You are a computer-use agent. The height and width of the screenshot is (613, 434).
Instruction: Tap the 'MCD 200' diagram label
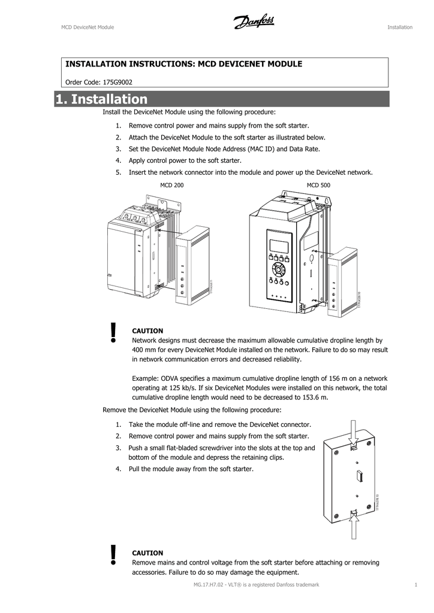pos(171,186)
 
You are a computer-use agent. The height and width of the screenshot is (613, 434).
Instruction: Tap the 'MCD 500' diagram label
pos(318,186)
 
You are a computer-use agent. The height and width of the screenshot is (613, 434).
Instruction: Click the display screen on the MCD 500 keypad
pos(278,246)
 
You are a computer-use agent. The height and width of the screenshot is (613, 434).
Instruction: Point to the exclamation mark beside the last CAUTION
pos(113,555)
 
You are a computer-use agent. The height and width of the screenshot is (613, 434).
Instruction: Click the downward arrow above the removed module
pos(354,432)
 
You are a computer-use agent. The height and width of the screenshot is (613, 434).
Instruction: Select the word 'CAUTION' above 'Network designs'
pos(147,330)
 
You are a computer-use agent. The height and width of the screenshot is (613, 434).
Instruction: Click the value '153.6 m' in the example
pos(315,397)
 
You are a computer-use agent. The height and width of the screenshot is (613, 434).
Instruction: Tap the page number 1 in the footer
pos(415,584)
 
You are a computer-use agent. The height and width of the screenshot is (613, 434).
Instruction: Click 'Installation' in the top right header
pos(400,27)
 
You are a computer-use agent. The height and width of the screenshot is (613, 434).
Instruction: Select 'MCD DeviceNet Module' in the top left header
pos(88,27)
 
